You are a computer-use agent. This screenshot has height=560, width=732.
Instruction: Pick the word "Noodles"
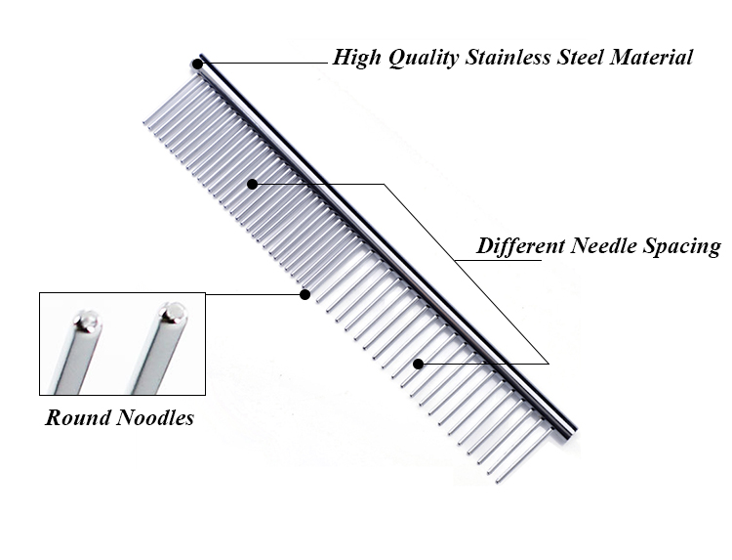155,418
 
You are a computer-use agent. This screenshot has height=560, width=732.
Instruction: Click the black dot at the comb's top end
197,65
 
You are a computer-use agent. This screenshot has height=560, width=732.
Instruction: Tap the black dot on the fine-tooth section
252,184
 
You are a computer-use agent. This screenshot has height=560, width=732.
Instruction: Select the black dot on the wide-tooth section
418,364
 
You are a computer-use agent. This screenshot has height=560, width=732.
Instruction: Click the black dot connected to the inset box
305,293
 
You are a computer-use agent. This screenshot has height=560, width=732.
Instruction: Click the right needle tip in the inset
174,312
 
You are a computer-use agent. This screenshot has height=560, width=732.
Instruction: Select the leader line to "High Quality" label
264,64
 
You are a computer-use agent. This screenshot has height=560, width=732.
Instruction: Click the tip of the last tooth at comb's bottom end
499,481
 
